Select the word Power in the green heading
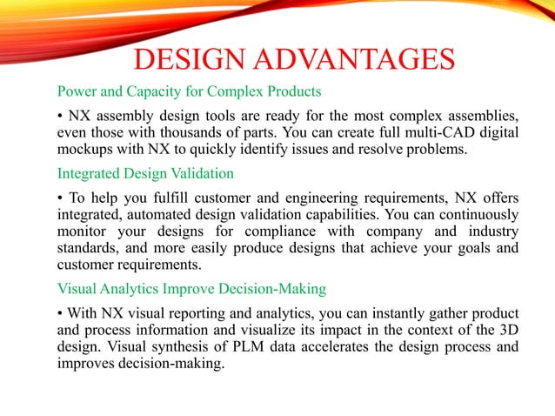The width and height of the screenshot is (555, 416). pyautogui.click(x=76, y=91)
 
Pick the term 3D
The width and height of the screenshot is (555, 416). pyautogui.click(x=510, y=329)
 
